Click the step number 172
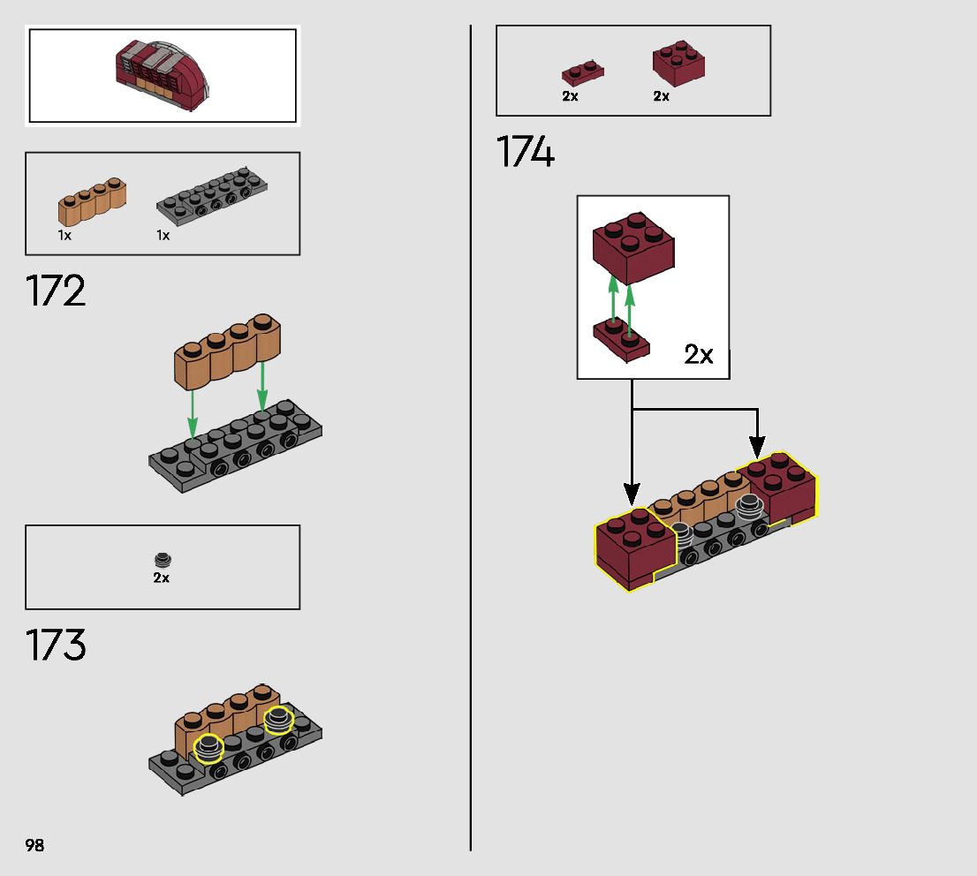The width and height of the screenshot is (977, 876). (x=57, y=291)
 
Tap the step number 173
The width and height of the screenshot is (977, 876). (x=57, y=645)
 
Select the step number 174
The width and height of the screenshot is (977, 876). (x=526, y=152)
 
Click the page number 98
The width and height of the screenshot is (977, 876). (x=34, y=845)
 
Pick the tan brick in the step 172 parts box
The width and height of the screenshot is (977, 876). (x=92, y=202)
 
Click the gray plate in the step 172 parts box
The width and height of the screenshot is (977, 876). (x=212, y=194)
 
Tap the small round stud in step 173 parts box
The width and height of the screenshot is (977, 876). (x=162, y=560)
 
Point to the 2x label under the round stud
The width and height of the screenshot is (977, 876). (x=161, y=578)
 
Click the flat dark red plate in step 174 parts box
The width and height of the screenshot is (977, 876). (x=582, y=72)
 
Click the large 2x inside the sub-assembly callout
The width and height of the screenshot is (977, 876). (x=698, y=355)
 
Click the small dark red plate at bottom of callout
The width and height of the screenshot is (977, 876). (x=621, y=340)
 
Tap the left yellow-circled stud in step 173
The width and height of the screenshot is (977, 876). (x=209, y=748)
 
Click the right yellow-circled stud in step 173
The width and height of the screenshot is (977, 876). (x=278, y=719)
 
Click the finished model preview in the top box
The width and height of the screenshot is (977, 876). (x=164, y=76)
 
